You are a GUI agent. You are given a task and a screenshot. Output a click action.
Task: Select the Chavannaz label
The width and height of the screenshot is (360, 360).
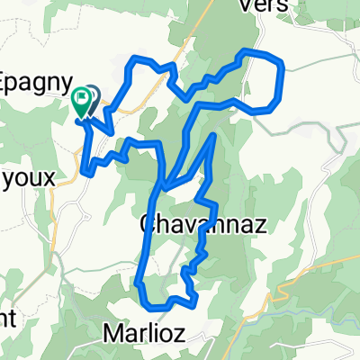(204, 226)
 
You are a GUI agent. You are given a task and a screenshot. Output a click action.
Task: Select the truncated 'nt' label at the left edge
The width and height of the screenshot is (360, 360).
(7, 317)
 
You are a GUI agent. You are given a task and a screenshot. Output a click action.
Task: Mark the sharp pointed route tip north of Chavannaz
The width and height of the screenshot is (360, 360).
(214, 136)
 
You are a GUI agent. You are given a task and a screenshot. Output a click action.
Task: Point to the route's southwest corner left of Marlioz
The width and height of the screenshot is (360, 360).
(140, 284)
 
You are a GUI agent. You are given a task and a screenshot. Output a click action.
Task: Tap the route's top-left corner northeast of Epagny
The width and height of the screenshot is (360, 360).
(136, 59)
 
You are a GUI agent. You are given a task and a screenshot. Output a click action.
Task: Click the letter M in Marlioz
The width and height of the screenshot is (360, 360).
(112, 333)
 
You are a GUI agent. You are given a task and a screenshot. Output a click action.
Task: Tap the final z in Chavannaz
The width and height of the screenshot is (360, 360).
(260, 227)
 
